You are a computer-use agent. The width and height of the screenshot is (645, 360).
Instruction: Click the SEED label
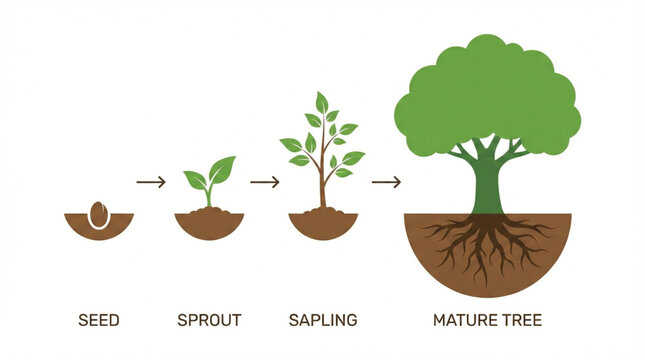click(x=98, y=321)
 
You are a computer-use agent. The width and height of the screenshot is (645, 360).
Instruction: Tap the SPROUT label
click(x=209, y=321)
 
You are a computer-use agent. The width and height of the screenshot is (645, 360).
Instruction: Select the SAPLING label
click(x=322, y=321)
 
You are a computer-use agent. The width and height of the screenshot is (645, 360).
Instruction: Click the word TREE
click(x=522, y=321)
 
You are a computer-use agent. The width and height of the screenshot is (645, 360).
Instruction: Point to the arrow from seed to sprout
click(x=150, y=182)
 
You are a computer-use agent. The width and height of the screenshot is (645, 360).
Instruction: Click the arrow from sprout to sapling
click(x=264, y=182)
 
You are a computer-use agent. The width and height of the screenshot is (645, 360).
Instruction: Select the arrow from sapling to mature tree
click(x=386, y=182)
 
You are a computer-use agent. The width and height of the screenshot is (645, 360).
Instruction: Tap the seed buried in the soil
click(x=98, y=215)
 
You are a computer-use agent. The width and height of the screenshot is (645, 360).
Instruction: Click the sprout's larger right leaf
click(x=222, y=169)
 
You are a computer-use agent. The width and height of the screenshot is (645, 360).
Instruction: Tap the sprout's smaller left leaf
click(x=196, y=180)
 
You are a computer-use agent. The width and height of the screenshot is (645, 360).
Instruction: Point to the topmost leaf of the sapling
click(x=321, y=102)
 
